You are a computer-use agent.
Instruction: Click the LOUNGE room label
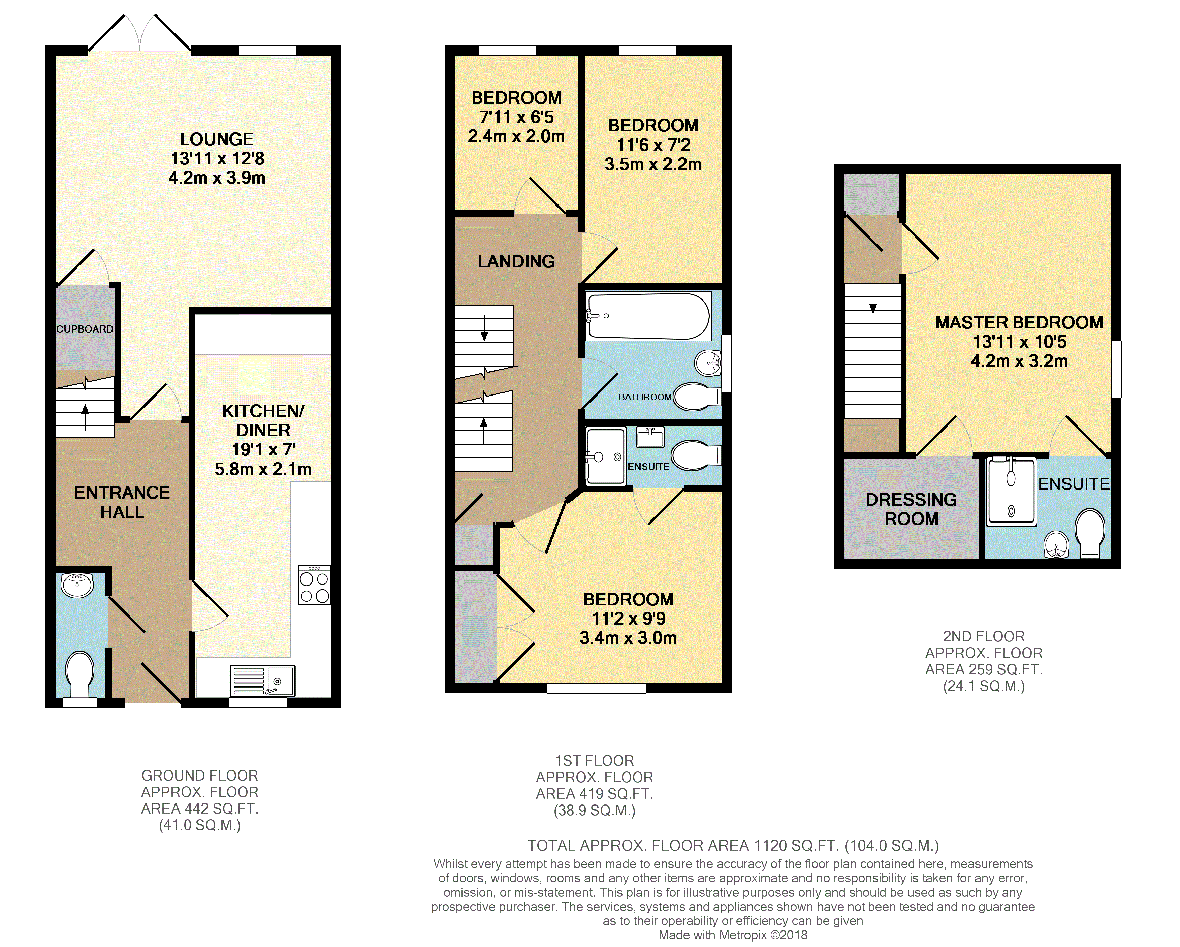click(217, 139)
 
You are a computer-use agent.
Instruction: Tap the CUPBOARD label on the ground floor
click(85, 329)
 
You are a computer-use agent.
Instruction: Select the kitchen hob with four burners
click(314, 585)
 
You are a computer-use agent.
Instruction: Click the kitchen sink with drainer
click(263, 681)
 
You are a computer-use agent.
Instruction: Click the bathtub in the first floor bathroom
click(648, 316)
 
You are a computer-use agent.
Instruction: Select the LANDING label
click(516, 262)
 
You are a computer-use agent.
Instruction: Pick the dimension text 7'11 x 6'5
click(516, 117)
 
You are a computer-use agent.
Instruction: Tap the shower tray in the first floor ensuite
click(605, 456)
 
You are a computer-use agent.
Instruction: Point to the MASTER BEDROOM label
click(1019, 322)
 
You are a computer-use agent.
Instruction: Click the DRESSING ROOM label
click(911, 509)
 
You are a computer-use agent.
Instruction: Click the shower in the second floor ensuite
click(1012, 492)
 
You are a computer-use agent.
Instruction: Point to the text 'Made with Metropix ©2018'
click(733, 935)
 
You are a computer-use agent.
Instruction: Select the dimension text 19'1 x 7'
click(263, 449)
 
